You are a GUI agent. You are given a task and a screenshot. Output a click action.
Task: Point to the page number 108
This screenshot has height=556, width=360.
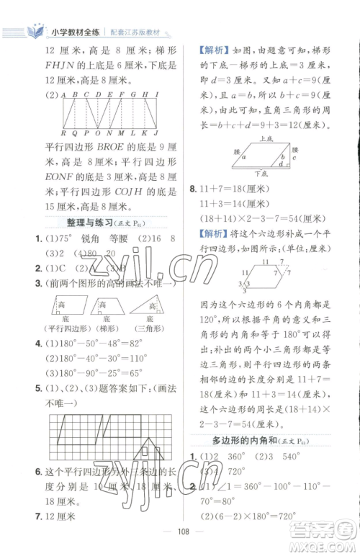(180, 536)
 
